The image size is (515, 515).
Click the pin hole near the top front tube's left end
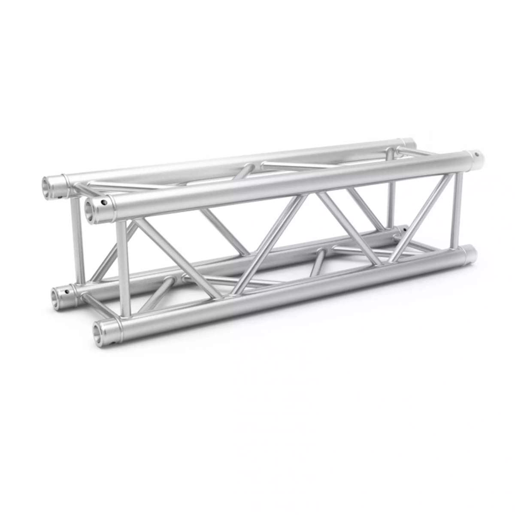pyautogui.click(x=103, y=200)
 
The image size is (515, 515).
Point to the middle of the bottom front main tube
pyautogui.click(x=283, y=292)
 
